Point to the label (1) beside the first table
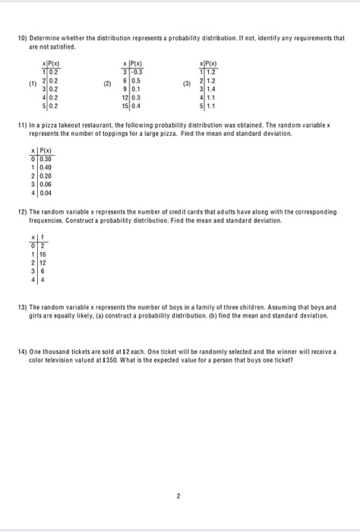point(33,84)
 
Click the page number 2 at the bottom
point(179,496)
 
